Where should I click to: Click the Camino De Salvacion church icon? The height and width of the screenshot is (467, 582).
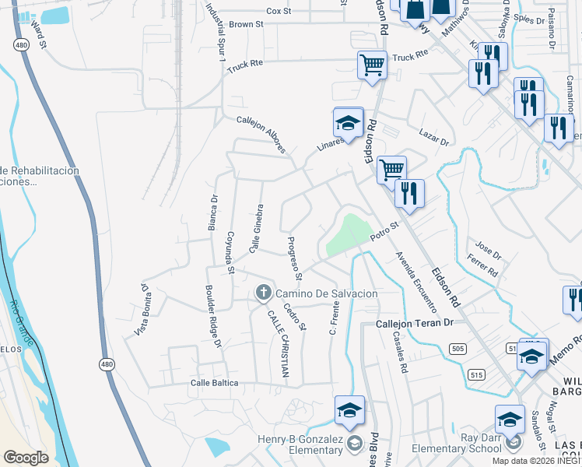click(263, 293)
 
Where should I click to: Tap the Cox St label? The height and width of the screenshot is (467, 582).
click(279, 11)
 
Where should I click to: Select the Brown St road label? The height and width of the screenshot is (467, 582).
click(247, 24)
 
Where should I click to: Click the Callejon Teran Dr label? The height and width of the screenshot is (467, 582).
click(414, 323)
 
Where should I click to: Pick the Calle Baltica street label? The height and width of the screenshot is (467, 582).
click(214, 383)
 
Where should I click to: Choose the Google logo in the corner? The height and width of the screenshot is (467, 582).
click(26, 457)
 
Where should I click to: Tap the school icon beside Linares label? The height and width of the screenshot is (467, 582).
click(349, 122)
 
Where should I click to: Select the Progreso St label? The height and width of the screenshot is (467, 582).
click(294, 258)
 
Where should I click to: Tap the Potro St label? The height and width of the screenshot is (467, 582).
click(384, 231)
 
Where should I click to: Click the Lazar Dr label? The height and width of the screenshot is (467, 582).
click(434, 138)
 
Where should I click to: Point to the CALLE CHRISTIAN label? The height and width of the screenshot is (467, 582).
click(279, 344)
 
